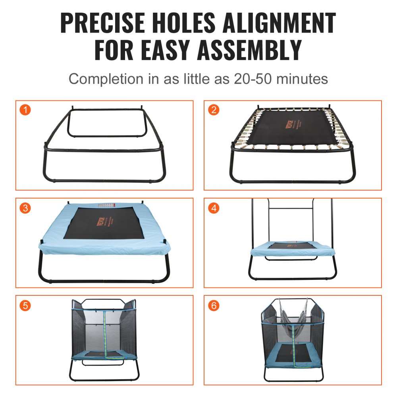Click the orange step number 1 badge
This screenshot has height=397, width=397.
[25, 110]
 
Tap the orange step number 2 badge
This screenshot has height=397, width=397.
[214, 110]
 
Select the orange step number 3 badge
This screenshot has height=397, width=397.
[25, 208]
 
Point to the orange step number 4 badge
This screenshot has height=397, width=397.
[214, 208]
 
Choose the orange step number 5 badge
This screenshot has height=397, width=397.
[25, 305]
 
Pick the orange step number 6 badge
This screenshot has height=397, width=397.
[214, 305]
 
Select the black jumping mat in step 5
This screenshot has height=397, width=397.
[104, 353]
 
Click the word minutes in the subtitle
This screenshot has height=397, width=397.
[302, 79]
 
